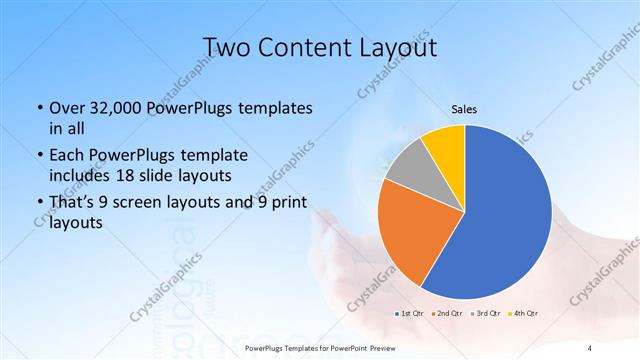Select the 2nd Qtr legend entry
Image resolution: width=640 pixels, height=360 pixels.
click(x=447, y=313)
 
